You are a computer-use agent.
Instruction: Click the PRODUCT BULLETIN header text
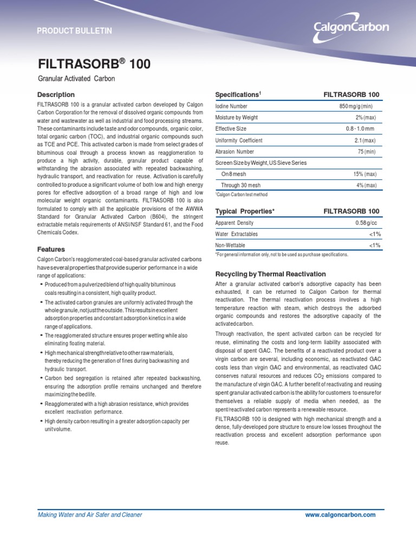click(74, 31)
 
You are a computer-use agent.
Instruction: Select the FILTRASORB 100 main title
click(94, 65)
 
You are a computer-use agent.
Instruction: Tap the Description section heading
click(56, 95)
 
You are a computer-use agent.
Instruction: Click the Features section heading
click(51, 249)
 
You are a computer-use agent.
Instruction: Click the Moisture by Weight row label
click(237, 118)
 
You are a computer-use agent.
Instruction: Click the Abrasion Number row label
click(235, 152)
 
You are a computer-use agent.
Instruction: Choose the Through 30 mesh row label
click(241, 185)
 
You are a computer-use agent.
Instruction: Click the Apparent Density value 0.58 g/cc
click(367, 223)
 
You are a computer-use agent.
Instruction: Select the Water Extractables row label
click(237, 234)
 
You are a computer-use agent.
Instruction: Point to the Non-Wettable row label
click(230, 246)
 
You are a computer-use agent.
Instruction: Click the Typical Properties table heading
click(245, 211)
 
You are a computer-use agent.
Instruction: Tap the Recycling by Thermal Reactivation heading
click(270, 274)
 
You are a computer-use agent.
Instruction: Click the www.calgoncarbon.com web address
click(340, 515)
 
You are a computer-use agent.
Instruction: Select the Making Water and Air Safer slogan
click(89, 515)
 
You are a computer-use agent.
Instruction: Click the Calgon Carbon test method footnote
click(241, 195)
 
